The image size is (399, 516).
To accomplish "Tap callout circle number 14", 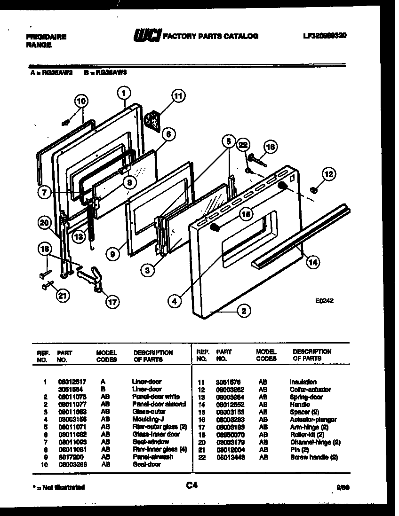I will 312,263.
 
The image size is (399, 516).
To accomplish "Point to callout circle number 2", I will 244,310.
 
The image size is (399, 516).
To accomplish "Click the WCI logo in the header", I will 147,35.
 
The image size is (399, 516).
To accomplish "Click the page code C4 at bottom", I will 192,486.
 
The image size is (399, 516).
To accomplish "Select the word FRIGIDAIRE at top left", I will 46,36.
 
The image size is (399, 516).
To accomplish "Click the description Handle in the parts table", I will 300,405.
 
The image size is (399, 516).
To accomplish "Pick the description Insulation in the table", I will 303,382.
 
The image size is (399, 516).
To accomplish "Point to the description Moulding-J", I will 146,419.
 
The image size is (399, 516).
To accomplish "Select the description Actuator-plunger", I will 313,420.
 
